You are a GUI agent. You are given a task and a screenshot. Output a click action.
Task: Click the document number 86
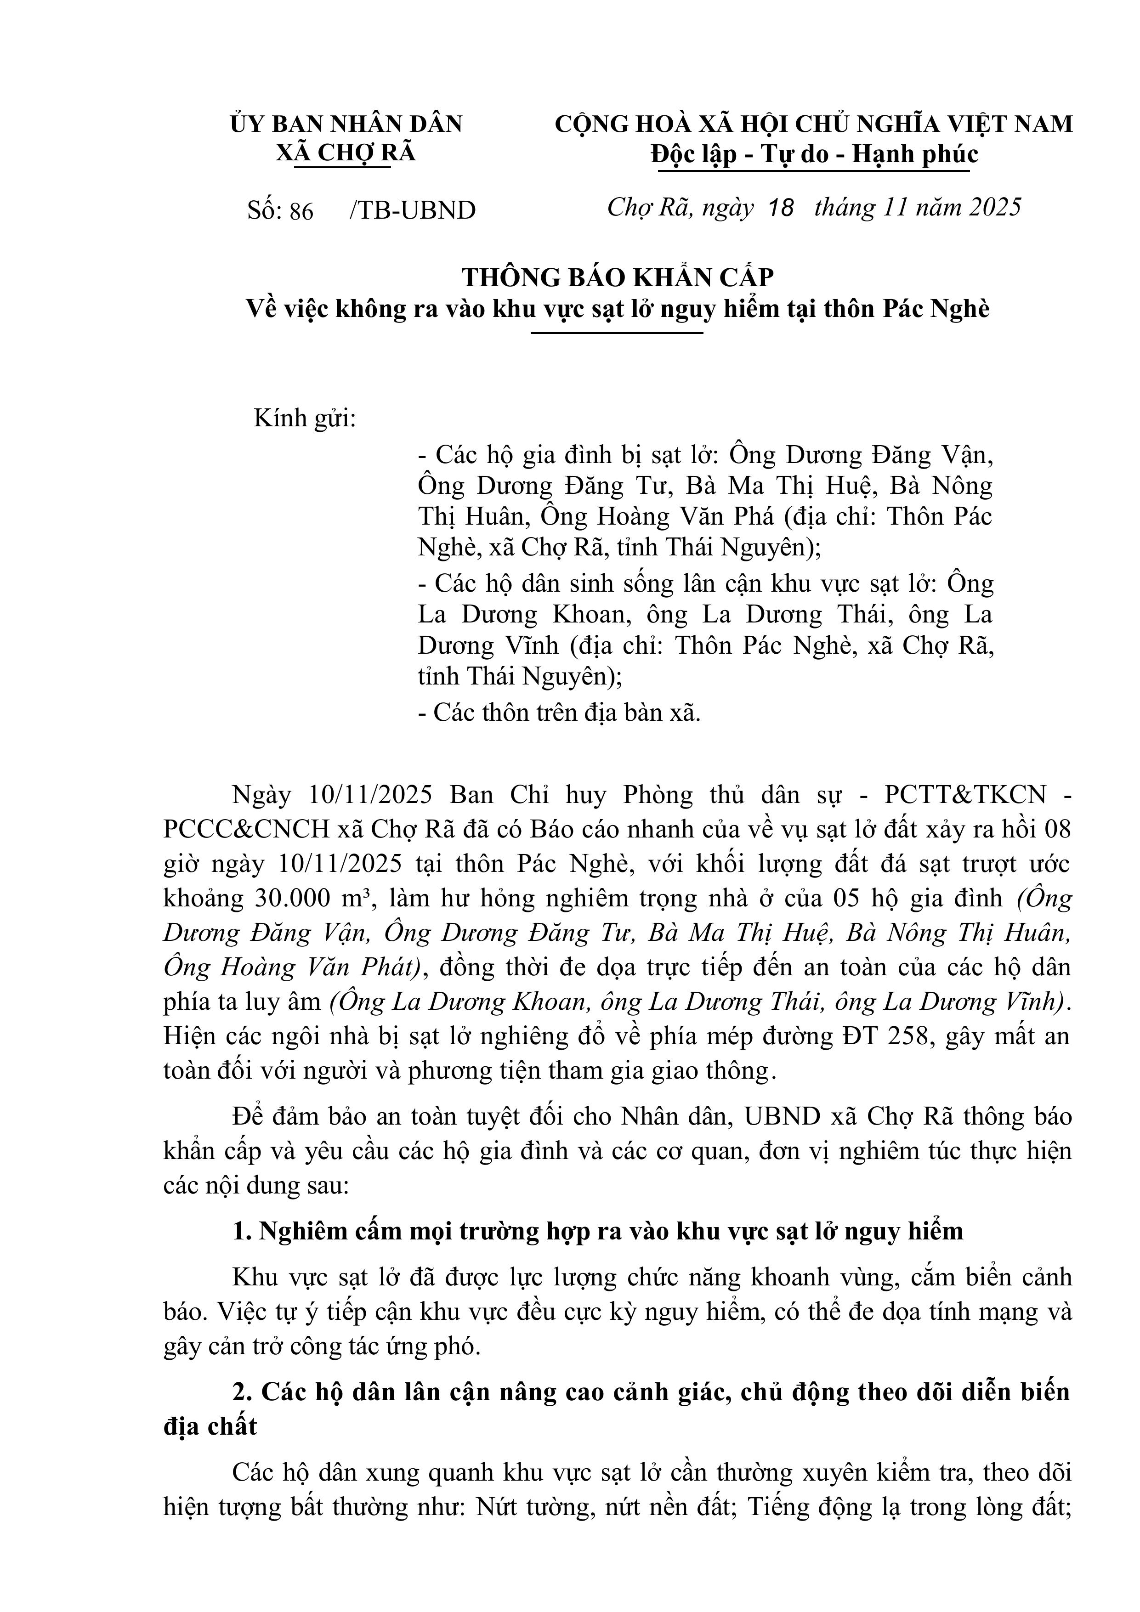click(x=301, y=210)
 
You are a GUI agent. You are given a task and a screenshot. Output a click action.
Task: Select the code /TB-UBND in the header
click(x=412, y=210)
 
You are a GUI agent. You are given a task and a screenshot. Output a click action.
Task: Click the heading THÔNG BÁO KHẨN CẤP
click(x=618, y=278)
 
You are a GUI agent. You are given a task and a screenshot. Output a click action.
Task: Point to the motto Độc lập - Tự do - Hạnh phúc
click(x=814, y=154)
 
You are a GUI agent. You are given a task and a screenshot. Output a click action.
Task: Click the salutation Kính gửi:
click(x=305, y=419)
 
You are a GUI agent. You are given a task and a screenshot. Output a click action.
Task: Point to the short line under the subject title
click(x=617, y=333)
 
